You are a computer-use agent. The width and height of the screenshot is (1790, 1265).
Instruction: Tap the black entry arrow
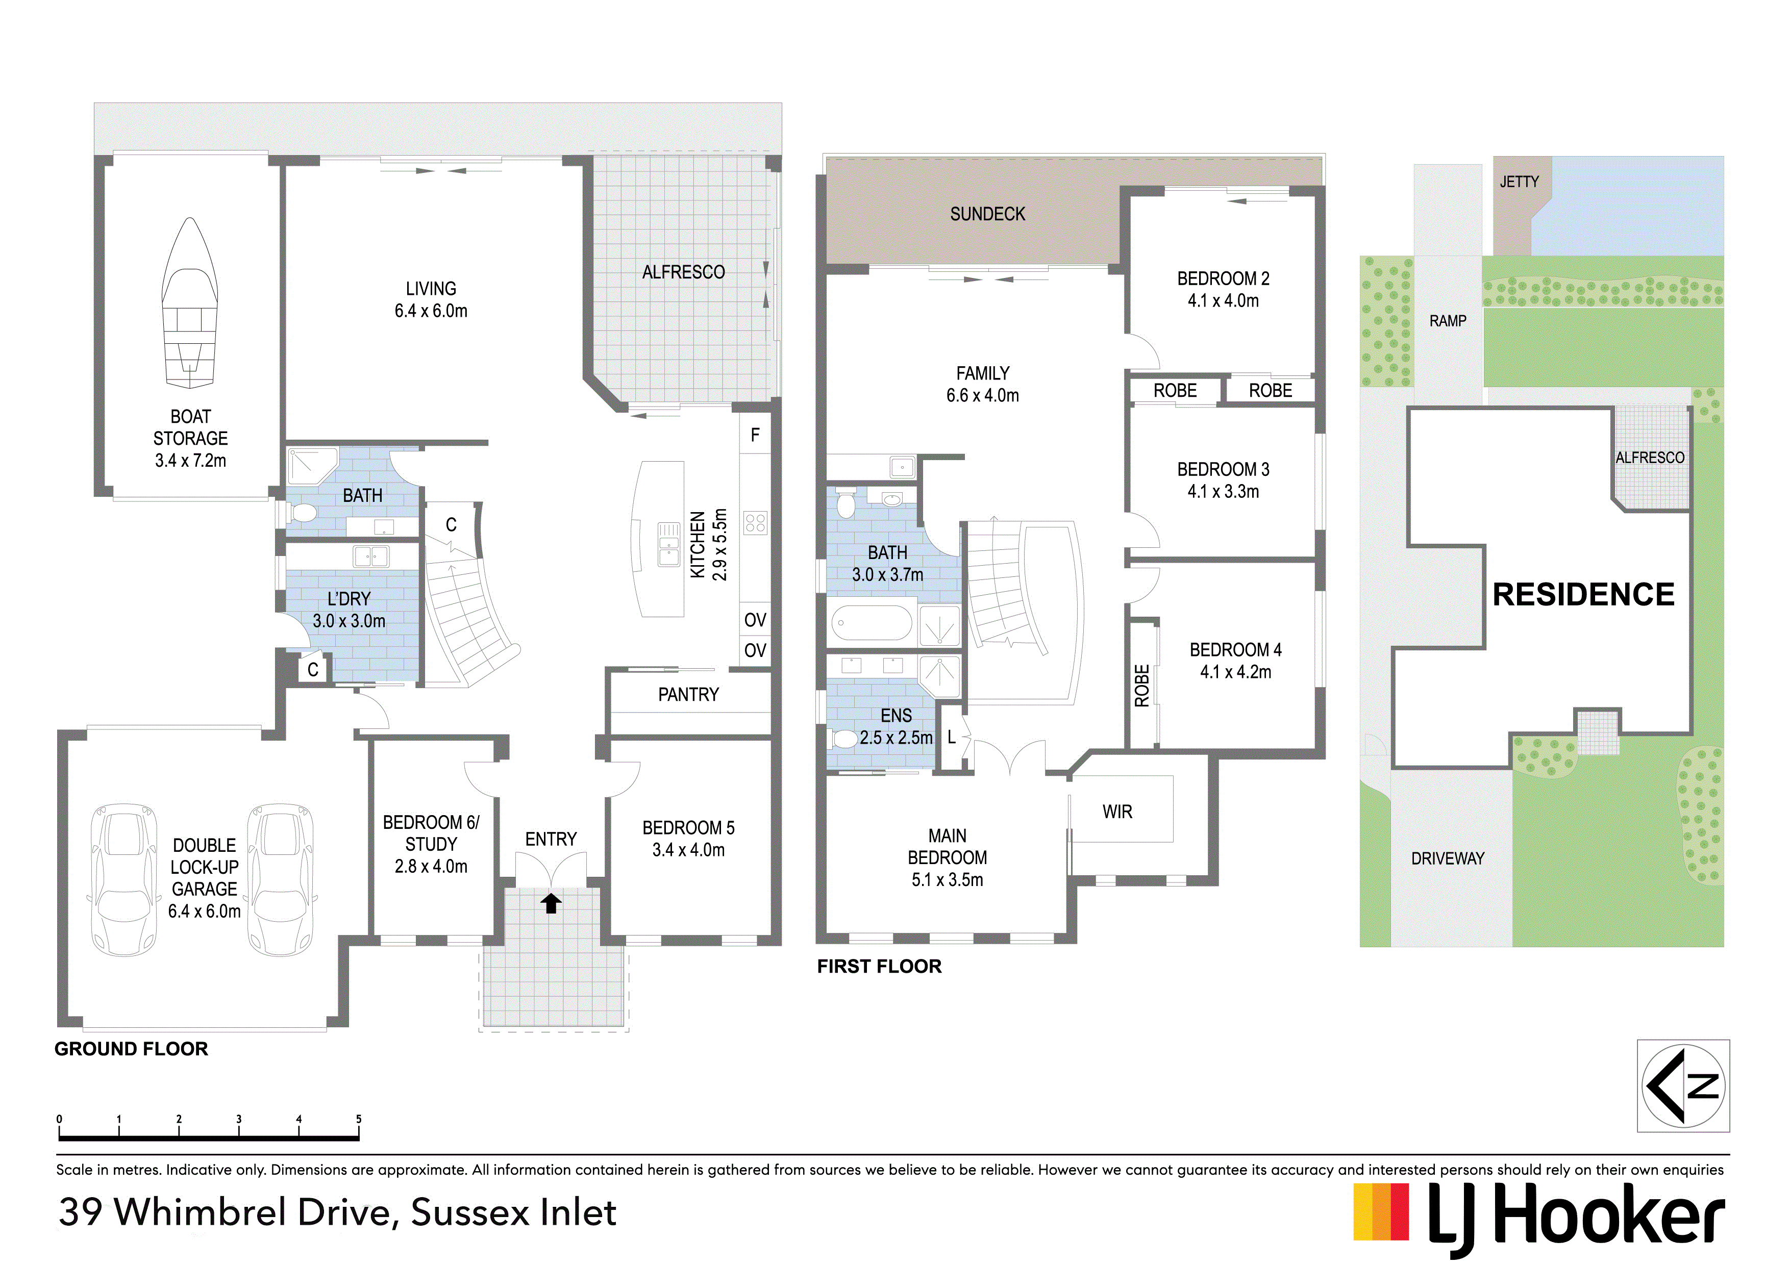click(551, 902)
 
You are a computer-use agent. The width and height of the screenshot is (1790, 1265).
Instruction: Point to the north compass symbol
click(1683, 1086)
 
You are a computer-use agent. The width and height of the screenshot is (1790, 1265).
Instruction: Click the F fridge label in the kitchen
click(755, 435)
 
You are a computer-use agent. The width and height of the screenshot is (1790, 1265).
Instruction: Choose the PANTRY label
click(688, 694)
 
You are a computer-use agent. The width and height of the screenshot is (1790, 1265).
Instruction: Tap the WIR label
click(1117, 812)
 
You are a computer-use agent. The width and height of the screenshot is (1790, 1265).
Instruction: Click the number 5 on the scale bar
click(359, 1119)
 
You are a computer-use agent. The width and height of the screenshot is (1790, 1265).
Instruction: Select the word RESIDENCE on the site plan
click(1583, 595)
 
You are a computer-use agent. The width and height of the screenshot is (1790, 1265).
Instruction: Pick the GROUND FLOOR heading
click(131, 1049)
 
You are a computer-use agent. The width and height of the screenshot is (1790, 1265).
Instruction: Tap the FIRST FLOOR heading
click(879, 967)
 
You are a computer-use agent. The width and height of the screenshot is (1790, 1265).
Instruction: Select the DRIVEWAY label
click(1448, 859)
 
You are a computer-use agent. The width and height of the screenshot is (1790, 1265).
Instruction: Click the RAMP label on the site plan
click(1448, 321)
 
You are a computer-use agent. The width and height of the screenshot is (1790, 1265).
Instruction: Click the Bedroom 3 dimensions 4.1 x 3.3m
click(1223, 492)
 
